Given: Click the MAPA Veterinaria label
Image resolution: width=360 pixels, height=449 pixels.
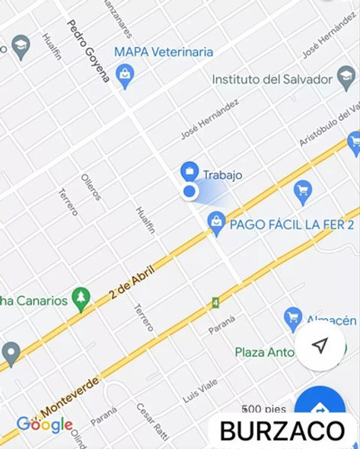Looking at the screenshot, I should (163, 53).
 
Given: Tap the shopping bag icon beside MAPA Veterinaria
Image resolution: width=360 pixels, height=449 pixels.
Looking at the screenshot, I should (125, 75).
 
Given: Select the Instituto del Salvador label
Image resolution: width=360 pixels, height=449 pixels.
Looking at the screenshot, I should (272, 79).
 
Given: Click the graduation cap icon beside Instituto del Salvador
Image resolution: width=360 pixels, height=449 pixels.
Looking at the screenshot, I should (346, 77).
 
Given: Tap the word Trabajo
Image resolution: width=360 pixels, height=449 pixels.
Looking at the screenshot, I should (223, 175).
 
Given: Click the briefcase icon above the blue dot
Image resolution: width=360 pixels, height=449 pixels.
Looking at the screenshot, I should (190, 171).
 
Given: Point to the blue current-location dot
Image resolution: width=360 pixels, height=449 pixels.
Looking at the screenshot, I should (190, 192).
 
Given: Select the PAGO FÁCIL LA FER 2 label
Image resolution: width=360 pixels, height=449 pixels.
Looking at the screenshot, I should (292, 225).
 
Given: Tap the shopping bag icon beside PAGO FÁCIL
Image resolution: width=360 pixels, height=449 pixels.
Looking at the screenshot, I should (217, 222).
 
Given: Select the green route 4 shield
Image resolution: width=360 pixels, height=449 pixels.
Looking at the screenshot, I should (215, 303).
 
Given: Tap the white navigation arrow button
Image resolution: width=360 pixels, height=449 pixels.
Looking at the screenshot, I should (320, 346).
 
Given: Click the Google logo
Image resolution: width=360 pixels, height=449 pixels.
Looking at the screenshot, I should (45, 425).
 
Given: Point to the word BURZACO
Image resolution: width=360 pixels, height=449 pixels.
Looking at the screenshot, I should (282, 431).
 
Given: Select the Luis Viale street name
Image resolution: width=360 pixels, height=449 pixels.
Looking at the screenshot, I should (200, 391).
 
